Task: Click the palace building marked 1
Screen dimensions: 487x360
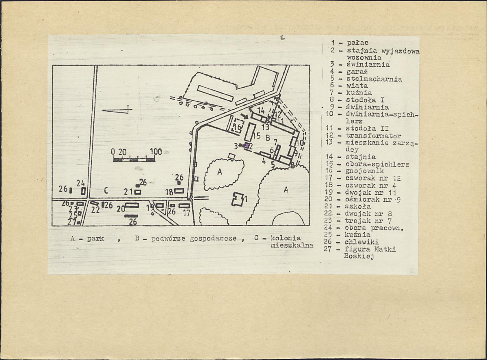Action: (238, 198)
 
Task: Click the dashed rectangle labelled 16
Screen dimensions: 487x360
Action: (238, 126)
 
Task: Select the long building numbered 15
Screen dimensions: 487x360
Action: (249, 132)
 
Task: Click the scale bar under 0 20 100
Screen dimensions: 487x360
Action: (134, 160)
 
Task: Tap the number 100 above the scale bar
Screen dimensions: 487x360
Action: (156, 151)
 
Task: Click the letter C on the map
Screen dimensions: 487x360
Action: (106, 190)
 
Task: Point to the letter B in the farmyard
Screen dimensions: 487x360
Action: (268, 138)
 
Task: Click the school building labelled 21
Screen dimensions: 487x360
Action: (138, 192)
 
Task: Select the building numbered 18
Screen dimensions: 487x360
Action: (179, 191)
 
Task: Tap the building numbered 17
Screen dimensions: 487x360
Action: (184, 205)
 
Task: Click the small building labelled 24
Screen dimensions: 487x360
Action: (83, 191)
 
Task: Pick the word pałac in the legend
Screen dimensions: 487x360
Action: (357, 43)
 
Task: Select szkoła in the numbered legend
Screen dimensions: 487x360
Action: (358, 206)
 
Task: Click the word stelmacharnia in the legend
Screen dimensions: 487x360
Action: (374, 79)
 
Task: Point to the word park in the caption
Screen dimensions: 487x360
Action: (96, 239)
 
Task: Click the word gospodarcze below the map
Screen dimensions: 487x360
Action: (213, 239)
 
